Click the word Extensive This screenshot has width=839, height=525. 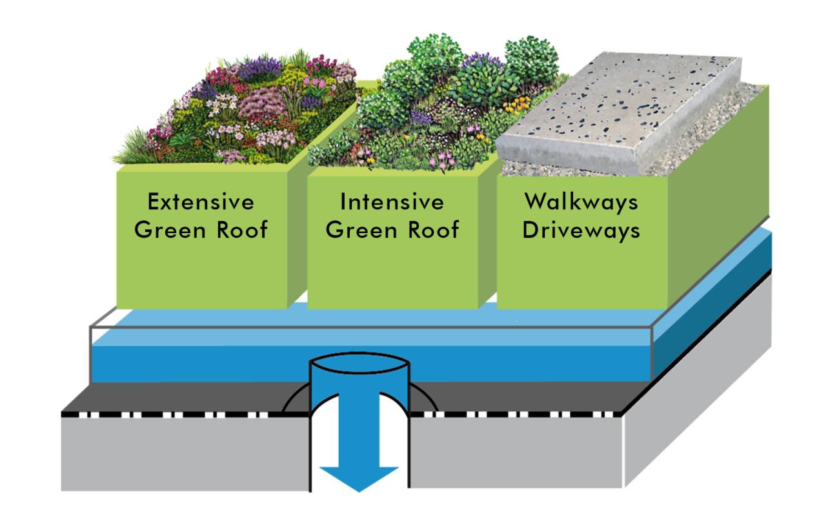coord(200,202)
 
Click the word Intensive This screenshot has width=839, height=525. coord(392,202)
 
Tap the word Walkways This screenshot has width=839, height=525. coord(581,202)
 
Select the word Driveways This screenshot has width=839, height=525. coord(581,230)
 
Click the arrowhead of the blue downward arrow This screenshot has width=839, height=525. coord(358,478)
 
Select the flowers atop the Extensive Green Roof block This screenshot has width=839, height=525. coord(239,110)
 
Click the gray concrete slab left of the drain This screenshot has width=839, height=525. coord(181,452)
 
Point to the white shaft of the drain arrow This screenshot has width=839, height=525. coord(358,426)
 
